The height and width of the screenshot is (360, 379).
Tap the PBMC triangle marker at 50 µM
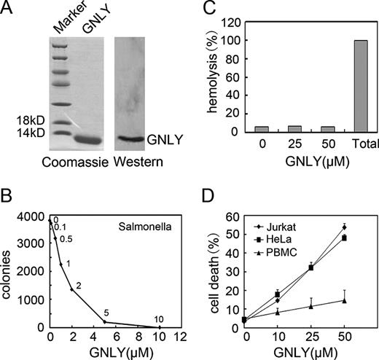coord(343,300)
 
